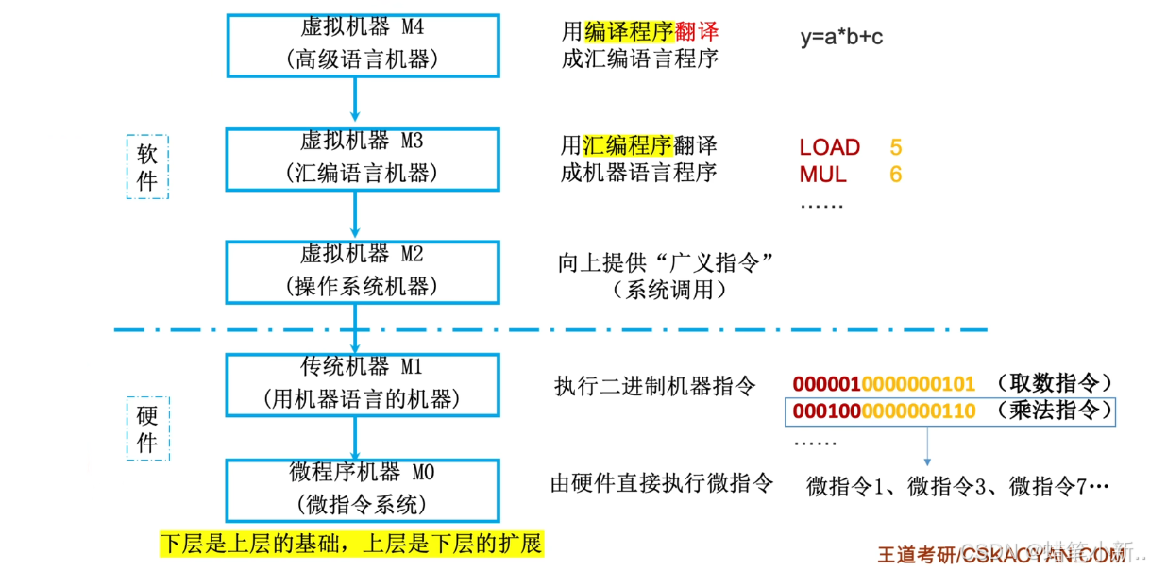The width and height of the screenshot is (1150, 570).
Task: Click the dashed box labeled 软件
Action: (147, 166)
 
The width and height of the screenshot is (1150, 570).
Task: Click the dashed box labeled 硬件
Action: (147, 429)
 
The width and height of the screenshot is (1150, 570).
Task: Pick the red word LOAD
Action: (829, 147)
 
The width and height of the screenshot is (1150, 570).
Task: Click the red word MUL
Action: (822, 175)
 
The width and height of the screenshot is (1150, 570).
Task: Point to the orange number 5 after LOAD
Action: (895, 147)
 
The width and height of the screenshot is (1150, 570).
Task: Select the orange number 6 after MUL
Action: (895, 175)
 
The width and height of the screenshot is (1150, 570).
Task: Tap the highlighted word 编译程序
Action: (629, 31)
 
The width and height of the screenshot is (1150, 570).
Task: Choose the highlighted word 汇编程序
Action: (627, 145)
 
